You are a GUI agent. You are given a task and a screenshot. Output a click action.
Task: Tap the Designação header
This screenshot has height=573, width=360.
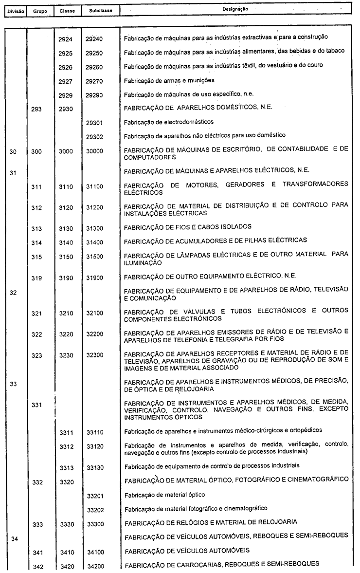point(235,9)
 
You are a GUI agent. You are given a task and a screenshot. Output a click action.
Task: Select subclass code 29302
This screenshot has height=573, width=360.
point(92,135)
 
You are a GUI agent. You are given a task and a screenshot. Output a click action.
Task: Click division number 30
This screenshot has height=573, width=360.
point(13,151)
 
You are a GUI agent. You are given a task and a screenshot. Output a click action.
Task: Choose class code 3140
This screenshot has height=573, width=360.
point(65,241)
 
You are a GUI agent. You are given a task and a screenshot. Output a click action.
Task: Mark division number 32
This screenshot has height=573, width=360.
point(13,294)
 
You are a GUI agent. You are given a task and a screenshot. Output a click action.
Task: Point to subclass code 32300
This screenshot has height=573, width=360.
point(92,355)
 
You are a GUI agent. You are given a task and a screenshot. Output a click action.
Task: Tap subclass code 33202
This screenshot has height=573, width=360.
point(92,509)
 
